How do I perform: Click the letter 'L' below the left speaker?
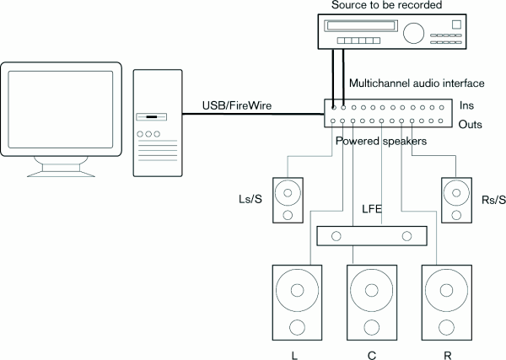[x=294, y=354]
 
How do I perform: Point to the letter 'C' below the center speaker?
[x=371, y=354]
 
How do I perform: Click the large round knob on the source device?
[x=415, y=33]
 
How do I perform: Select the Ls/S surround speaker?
[x=289, y=200]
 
